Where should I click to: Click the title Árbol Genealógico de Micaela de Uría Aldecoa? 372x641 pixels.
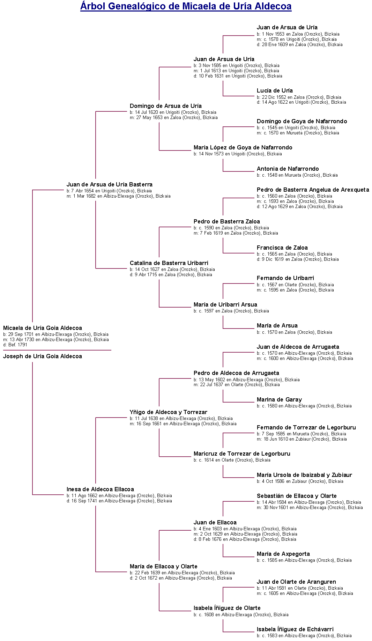coord(186,6)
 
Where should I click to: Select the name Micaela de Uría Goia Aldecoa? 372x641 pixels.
coord(43,328)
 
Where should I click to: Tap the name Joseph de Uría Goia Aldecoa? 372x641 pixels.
coord(43,356)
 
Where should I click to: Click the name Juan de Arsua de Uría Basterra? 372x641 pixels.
coord(110,184)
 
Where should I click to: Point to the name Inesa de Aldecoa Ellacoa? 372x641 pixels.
coord(100,489)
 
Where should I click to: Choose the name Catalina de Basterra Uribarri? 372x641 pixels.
coord(169,263)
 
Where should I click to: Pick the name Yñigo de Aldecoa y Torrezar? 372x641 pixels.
coord(169,412)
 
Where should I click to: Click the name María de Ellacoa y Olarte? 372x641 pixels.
coord(164,566)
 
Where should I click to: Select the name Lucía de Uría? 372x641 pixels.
coord(275,90)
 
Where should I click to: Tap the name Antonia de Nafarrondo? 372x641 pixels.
coord(288,169)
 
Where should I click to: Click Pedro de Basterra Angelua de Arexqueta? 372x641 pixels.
coord(313,190)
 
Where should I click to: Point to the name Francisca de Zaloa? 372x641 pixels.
coord(282,248)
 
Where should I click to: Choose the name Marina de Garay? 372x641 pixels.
coord(279,399)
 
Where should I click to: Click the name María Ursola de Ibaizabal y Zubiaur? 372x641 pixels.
coord(304,475)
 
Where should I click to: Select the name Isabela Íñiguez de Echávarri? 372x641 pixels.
coord(295,629)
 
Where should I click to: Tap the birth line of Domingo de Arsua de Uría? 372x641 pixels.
coord(173,112)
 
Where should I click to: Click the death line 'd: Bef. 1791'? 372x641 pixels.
coord(15,345)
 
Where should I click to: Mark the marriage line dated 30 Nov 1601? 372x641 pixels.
coord(310,508)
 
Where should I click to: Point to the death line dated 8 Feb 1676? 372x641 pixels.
coord(245,539)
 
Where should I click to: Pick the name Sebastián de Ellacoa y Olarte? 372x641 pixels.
coord(297,496)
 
